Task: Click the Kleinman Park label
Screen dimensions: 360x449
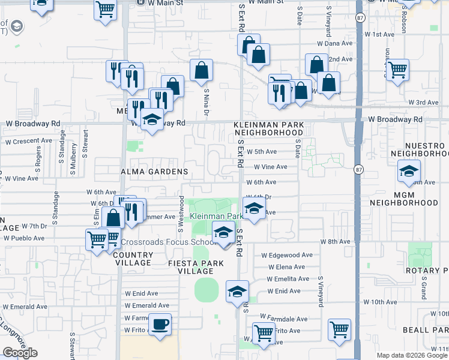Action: click(x=216, y=216)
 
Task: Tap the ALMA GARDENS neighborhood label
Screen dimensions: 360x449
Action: click(x=155, y=172)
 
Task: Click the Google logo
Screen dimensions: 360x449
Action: click(x=20, y=353)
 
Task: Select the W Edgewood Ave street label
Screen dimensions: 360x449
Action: click(x=287, y=255)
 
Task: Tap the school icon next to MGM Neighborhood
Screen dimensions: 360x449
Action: click(x=409, y=172)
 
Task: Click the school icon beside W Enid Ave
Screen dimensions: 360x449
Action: click(x=237, y=292)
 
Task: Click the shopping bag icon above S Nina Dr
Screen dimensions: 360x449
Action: click(x=201, y=70)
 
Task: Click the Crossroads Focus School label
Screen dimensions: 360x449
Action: click(x=168, y=242)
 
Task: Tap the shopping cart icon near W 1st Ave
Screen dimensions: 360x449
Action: click(x=397, y=70)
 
